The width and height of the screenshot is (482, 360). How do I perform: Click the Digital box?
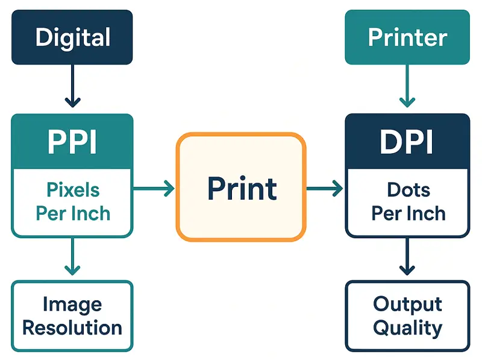72,37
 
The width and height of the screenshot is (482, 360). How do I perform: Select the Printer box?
407,37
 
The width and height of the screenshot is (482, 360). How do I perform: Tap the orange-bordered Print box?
241,188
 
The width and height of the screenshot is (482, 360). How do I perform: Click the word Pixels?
72,191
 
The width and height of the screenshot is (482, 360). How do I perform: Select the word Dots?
408,191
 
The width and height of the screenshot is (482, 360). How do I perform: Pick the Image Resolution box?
72,316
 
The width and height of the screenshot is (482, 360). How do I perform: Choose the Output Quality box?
407,316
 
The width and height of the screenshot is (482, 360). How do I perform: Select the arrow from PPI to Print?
153,189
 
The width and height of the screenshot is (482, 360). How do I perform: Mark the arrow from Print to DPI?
325,189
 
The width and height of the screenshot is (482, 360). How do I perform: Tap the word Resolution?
72,328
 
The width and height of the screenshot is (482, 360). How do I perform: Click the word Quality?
407,329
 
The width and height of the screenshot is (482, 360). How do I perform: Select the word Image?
72,305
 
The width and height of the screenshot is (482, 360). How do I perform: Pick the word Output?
407,304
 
